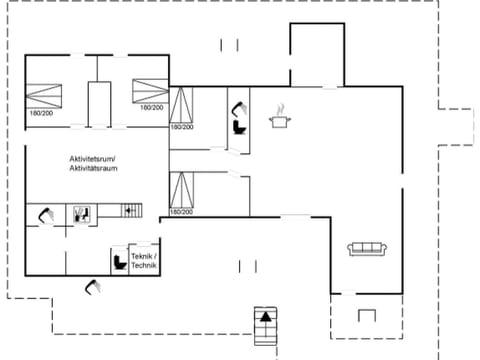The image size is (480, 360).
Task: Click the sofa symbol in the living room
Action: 366,249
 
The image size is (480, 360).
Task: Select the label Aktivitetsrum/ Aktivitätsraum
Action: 93,164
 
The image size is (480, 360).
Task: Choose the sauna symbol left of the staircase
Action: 82,212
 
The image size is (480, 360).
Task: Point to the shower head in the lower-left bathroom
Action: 45,213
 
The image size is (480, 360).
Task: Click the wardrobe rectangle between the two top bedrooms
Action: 98,102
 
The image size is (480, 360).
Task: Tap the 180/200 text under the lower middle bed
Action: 181,212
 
